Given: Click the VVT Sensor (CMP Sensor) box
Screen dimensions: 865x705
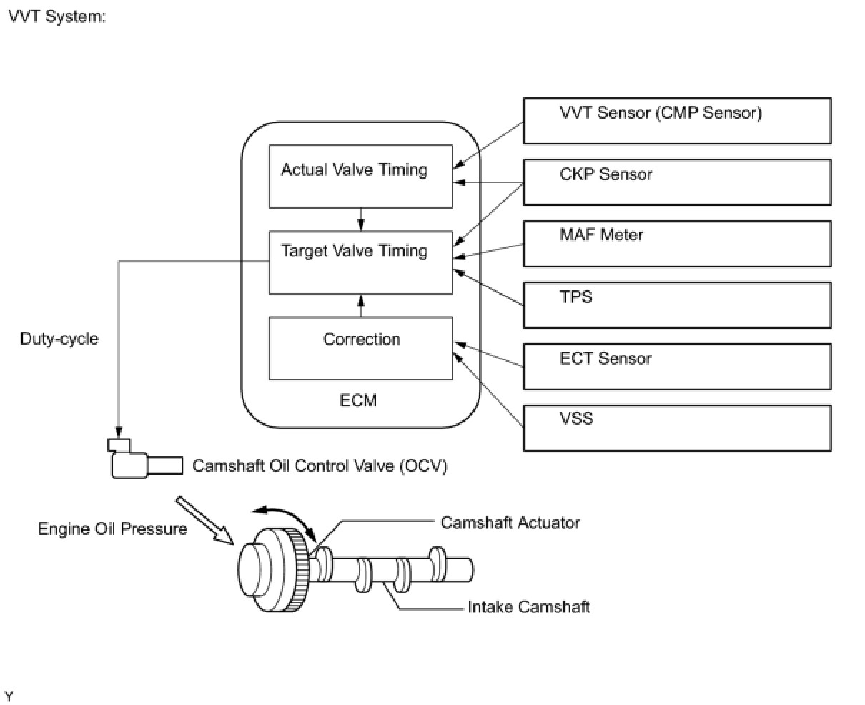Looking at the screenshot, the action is click(x=677, y=121).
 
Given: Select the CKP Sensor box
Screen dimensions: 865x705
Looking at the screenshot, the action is click(x=677, y=182).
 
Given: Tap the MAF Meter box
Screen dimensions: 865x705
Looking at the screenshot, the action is click(x=677, y=244).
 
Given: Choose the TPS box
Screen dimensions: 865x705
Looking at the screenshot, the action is click(x=677, y=305).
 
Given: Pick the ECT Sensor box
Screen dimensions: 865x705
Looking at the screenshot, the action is click(x=677, y=367).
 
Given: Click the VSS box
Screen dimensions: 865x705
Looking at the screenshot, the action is click(x=677, y=428).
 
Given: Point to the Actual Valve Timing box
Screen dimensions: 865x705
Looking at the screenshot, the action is click(x=360, y=177).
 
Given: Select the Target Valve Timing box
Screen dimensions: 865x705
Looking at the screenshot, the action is click(x=360, y=262).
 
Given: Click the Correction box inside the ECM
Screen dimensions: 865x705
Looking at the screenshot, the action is click(x=360, y=348).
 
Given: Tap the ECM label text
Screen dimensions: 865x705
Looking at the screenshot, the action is click(x=358, y=400).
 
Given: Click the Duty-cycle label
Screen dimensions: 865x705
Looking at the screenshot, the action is click(x=59, y=339).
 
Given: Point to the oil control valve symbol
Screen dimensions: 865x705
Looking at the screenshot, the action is click(x=144, y=458).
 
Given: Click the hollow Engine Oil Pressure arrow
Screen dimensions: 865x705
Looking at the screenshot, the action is click(x=204, y=521).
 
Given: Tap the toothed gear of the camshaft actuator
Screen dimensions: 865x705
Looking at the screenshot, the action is click(x=300, y=570).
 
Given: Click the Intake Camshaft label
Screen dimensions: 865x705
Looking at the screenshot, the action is click(x=528, y=607).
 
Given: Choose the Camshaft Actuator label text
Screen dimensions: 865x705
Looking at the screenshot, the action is click(x=510, y=523).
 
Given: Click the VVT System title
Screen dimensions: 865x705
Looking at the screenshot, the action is click(x=57, y=16).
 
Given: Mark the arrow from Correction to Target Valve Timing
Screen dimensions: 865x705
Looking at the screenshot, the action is click(x=360, y=306).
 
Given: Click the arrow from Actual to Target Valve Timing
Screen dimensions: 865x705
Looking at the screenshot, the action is click(x=360, y=220).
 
